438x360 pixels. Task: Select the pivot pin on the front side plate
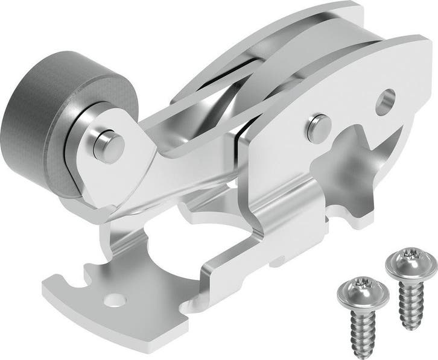click(x=313, y=127)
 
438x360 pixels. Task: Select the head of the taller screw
click(x=411, y=261)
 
